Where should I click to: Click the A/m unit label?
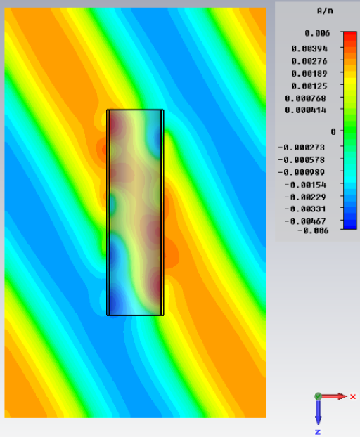click(x=325, y=11)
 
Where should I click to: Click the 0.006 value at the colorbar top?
click(x=317, y=34)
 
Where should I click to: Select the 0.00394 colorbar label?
click(x=309, y=49)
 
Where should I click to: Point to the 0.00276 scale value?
click(x=309, y=61)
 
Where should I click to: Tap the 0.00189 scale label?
click(x=309, y=74)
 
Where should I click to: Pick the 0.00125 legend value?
click(x=309, y=86)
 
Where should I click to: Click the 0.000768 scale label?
click(x=306, y=98)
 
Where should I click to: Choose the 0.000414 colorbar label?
click(x=306, y=110)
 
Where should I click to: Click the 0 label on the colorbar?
click(x=333, y=132)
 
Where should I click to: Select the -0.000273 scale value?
click(x=302, y=148)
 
